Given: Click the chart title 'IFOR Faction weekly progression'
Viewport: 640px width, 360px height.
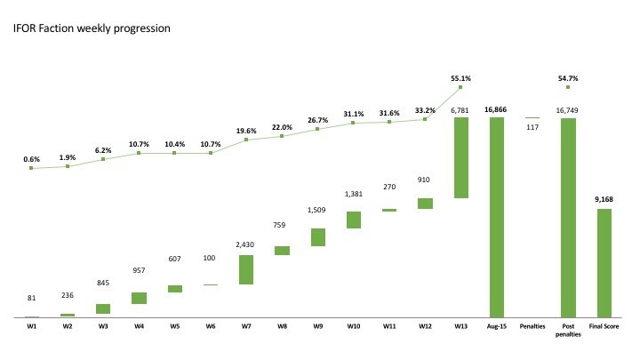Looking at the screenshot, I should [x=92, y=28].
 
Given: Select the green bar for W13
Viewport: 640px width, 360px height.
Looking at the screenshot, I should [x=460, y=157].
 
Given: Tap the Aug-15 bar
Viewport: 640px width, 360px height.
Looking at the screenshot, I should [x=496, y=217].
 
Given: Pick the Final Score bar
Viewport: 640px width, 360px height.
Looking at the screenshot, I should [x=604, y=263].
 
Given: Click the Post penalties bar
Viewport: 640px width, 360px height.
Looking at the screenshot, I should [x=568, y=218].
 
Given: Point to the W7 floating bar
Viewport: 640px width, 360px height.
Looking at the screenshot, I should [x=246, y=269].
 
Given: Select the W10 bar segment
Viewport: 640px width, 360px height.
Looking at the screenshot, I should [x=353, y=220].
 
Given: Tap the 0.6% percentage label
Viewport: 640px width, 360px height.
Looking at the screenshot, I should [x=32, y=159].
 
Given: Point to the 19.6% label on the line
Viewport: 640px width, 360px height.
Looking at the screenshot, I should [x=246, y=130].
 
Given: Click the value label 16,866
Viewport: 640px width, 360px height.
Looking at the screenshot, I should [x=496, y=109].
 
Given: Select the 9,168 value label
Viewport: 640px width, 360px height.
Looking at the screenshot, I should [x=604, y=201].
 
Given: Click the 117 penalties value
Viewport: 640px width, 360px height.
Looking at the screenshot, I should [x=532, y=127].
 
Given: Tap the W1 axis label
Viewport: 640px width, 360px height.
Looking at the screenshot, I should [x=32, y=326].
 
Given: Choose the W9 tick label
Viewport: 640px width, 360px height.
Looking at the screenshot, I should [x=317, y=326].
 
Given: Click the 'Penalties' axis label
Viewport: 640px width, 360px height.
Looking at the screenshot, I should [x=532, y=326].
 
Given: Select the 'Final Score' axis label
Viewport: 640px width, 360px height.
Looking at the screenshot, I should [x=604, y=326].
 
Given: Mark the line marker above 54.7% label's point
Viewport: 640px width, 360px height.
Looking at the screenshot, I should [x=568, y=87].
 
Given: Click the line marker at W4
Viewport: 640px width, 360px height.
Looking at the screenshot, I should [x=140, y=153].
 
